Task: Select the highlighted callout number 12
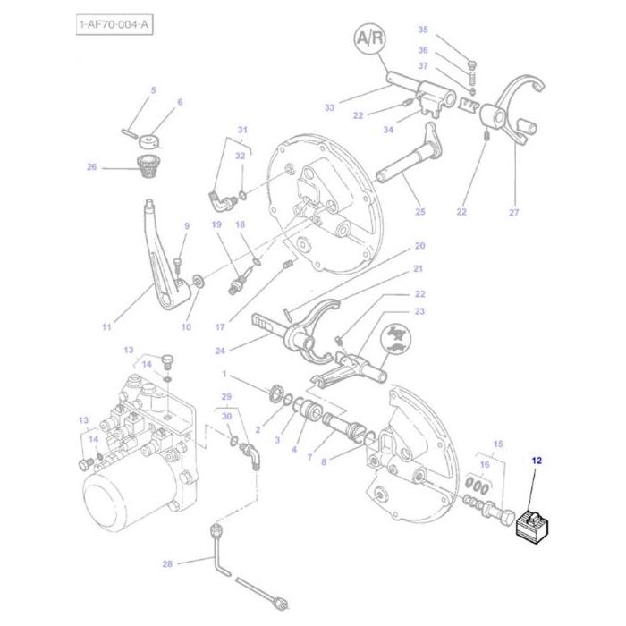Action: click(537, 461)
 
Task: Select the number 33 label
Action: click(329, 108)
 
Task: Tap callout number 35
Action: click(423, 30)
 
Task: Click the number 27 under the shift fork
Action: click(513, 212)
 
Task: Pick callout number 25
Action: click(420, 212)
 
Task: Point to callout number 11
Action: click(106, 327)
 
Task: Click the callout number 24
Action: click(219, 350)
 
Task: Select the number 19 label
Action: click(216, 225)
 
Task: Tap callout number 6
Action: click(180, 102)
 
